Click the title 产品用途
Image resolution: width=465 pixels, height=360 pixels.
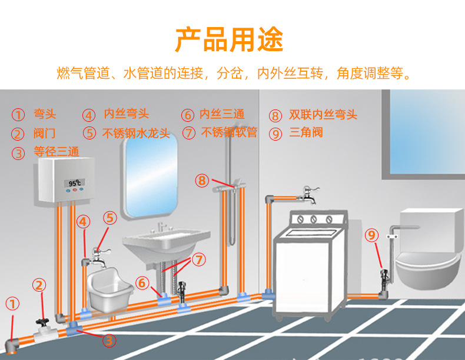pos(229,39)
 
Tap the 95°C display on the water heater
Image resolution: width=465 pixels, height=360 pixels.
pos(75,184)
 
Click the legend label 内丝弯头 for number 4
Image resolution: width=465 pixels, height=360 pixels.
pos(127,114)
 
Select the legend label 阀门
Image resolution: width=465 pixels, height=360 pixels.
pos(44,134)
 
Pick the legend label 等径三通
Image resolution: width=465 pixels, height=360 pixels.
pos(56,152)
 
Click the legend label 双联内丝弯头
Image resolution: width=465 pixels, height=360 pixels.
pos(323,115)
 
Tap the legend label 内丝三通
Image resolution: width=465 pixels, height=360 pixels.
pos(222,114)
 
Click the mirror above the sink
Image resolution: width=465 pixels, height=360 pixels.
pos(150,174)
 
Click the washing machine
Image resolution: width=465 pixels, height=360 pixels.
pos(309,265)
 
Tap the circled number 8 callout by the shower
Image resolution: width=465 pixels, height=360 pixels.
pos(202,180)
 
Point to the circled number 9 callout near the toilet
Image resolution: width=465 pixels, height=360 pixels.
pos(371,236)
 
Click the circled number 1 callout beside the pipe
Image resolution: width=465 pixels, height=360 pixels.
pos(12,304)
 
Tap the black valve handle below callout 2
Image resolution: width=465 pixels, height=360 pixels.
pos(41,322)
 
